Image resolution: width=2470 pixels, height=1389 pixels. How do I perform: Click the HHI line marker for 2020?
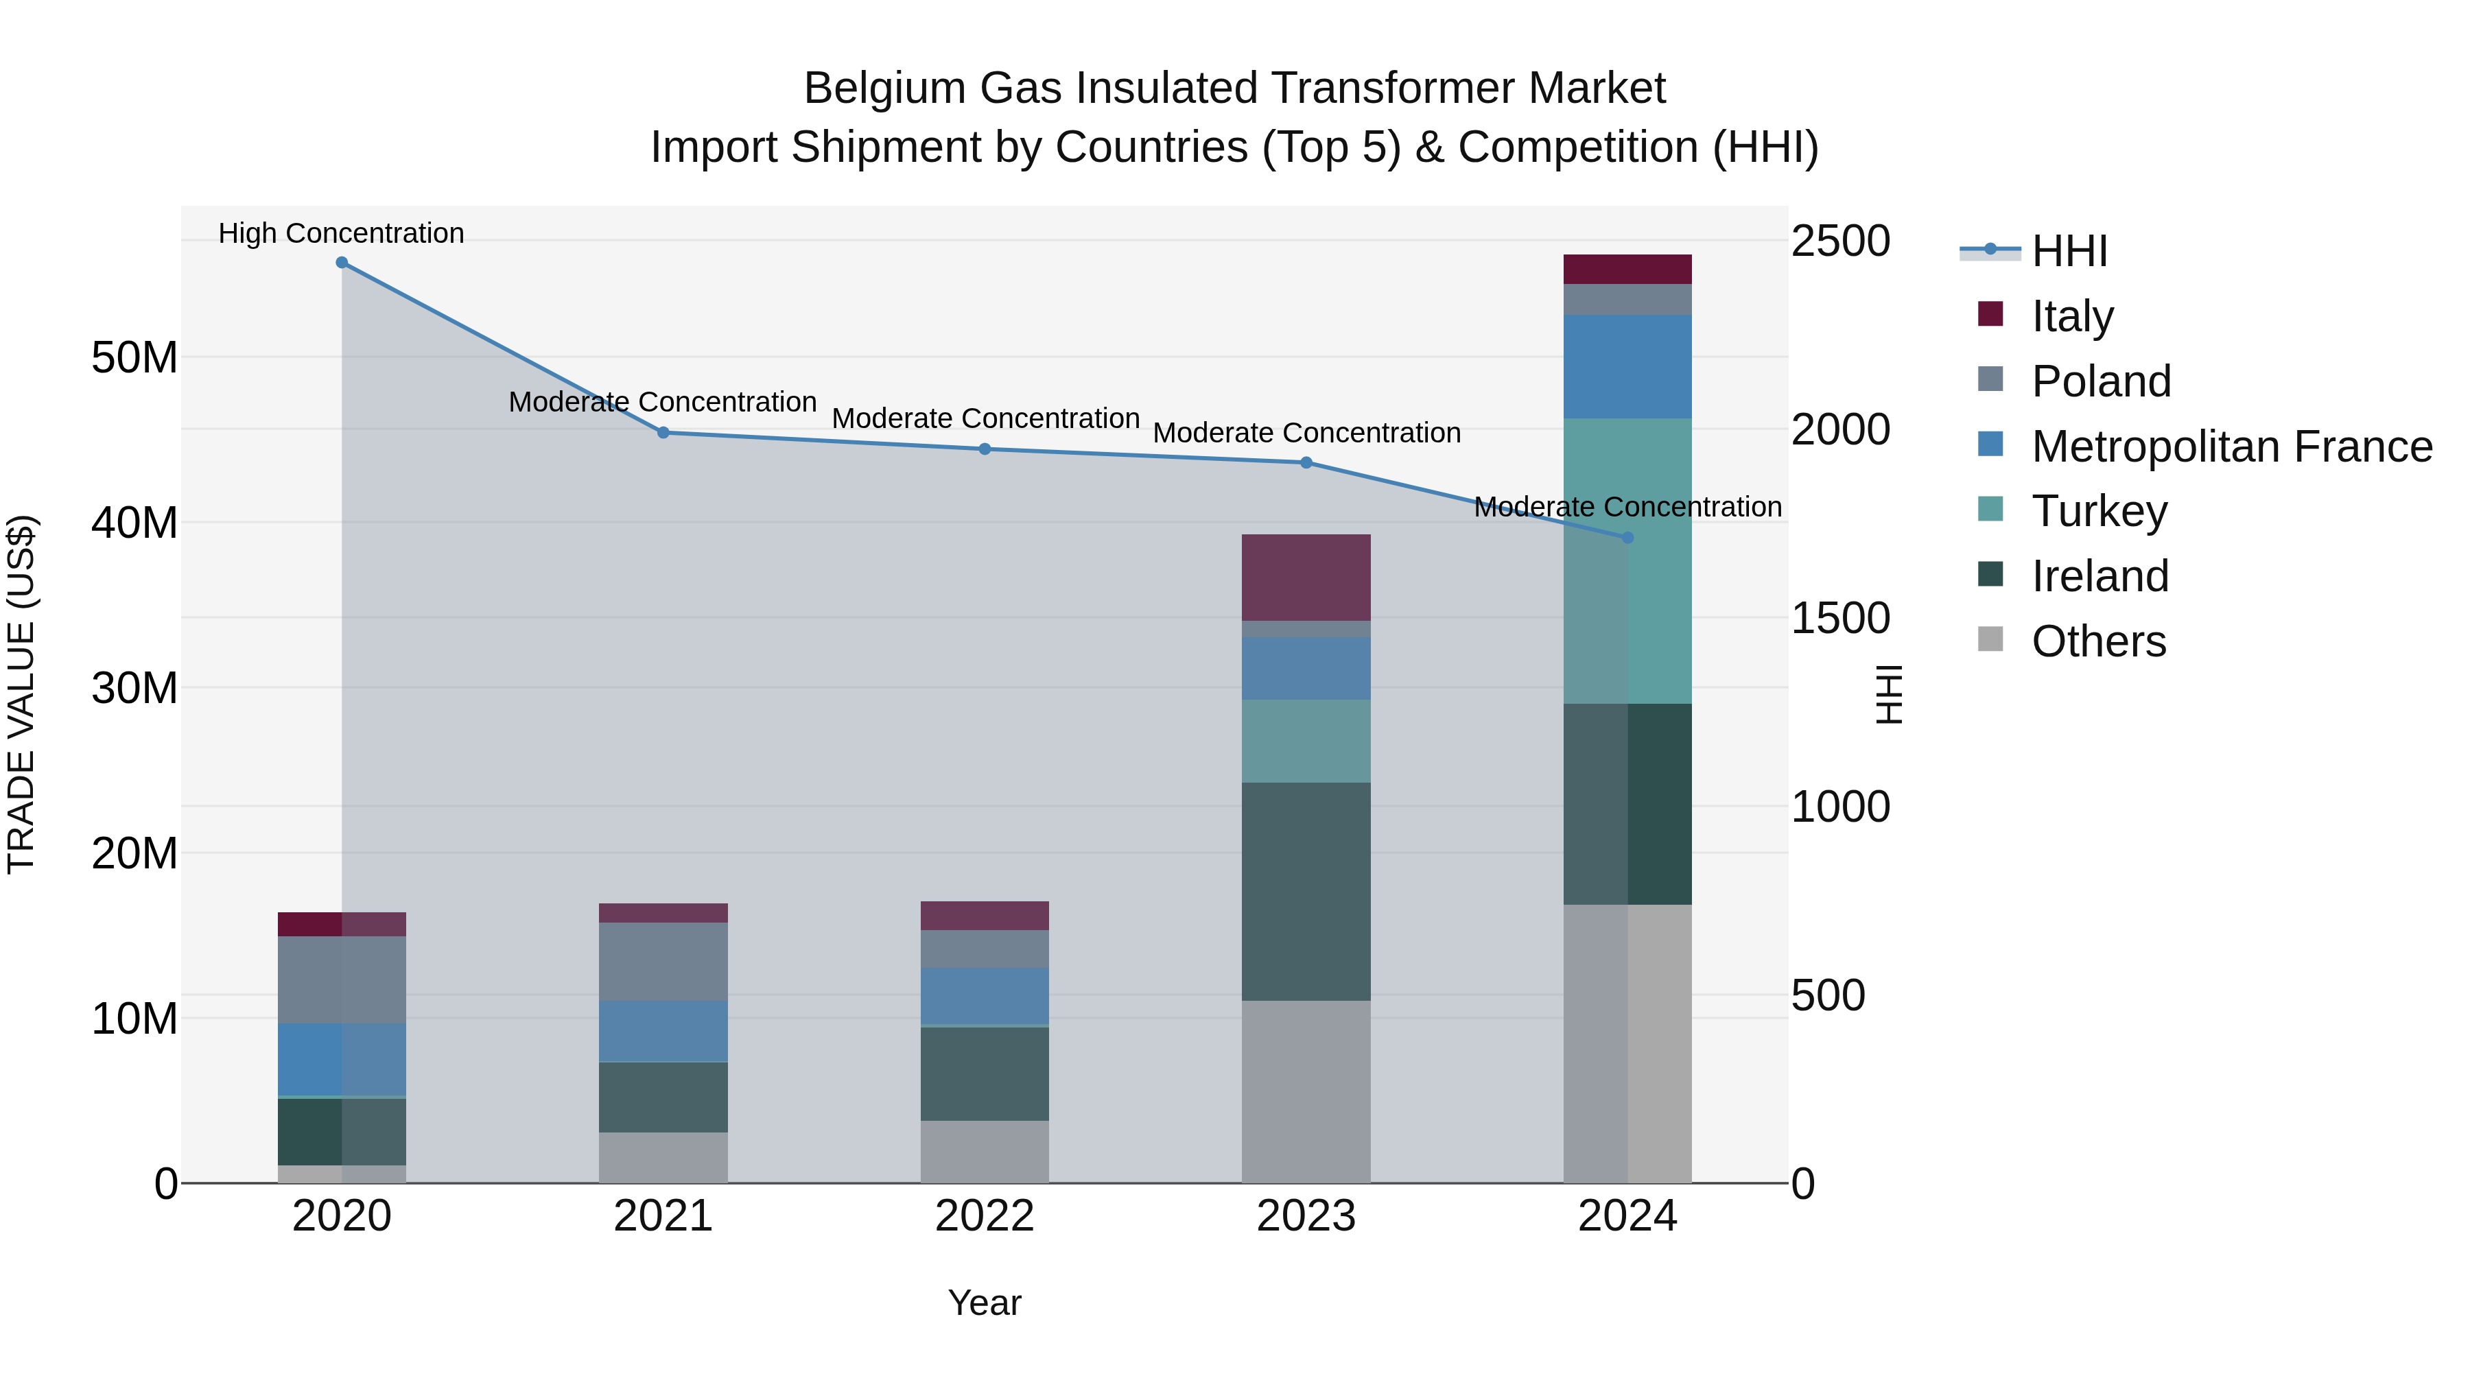pyautogui.click(x=342, y=263)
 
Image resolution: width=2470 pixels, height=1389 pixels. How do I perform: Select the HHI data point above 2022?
pyautogui.click(x=985, y=449)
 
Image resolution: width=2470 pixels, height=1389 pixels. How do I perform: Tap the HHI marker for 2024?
pyautogui.click(x=1627, y=538)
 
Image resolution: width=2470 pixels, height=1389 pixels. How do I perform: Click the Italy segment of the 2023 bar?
pyautogui.click(x=1306, y=577)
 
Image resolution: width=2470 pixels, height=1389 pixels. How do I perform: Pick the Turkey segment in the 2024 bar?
pyautogui.click(x=1627, y=561)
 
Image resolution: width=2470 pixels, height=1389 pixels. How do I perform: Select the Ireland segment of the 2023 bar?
pyautogui.click(x=1306, y=892)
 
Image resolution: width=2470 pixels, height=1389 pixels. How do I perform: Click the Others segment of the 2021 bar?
pyautogui.click(x=663, y=1157)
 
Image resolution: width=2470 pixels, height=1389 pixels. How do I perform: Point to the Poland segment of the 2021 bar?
pyautogui.click(x=663, y=962)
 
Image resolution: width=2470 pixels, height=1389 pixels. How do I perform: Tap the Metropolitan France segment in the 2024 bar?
pyautogui.click(x=1627, y=366)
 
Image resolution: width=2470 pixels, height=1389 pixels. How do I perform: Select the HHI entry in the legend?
pyautogui.click(x=2069, y=251)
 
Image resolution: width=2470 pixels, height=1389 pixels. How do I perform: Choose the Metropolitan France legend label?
pyautogui.click(x=2231, y=447)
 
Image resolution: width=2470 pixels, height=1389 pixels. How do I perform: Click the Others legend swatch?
pyautogui.click(x=1990, y=639)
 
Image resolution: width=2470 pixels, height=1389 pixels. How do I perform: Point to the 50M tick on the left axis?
pyautogui.click(x=134, y=357)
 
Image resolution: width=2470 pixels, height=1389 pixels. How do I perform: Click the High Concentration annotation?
pyautogui.click(x=342, y=233)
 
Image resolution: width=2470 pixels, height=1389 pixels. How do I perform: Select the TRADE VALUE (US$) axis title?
pyautogui.click(x=21, y=694)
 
